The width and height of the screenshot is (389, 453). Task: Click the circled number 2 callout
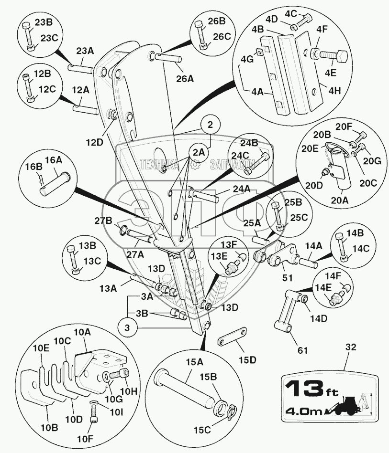point(210,125)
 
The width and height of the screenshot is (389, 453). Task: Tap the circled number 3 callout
point(127,328)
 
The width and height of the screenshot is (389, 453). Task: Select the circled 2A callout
point(199,153)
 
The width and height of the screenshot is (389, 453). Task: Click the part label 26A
point(185,78)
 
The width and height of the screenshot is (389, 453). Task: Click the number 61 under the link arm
point(302,350)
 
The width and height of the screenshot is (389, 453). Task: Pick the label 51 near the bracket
point(288,278)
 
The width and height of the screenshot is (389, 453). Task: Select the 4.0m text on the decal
point(304,411)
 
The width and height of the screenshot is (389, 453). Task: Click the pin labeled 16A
point(54,184)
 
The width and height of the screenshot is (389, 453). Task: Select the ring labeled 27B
point(123,230)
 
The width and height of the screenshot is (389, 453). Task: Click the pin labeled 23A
point(80,68)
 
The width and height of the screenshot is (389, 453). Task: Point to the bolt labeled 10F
point(93,411)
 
